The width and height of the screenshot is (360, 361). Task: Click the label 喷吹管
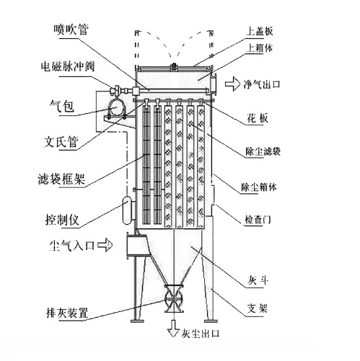tap(71, 30)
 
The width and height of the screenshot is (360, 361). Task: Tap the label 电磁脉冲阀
tap(68, 66)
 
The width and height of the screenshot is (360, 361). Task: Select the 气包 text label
tap(62, 106)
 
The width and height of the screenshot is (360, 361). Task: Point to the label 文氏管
tap(61, 141)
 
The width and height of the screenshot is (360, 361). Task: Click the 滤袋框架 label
tap(61, 179)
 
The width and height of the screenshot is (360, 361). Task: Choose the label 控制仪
tap(62, 219)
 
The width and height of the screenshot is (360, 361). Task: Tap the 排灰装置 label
tap(67, 313)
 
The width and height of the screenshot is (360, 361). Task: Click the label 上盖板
tap(260, 31)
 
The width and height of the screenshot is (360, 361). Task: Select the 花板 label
tap(258, 118)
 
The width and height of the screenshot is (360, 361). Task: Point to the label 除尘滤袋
tap(263, 151)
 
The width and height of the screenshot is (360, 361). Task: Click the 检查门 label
tap(258, 220)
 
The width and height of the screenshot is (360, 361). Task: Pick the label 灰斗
tap(258, 280)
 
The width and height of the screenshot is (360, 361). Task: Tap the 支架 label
tap(258, 308)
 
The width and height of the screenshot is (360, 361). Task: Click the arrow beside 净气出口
tap(233, 84)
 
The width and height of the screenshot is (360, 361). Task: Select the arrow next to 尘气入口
tap(105, 245)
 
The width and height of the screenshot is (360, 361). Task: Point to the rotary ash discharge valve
tap(174, 298)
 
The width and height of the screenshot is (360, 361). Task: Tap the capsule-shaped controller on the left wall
tap(127, 210)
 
